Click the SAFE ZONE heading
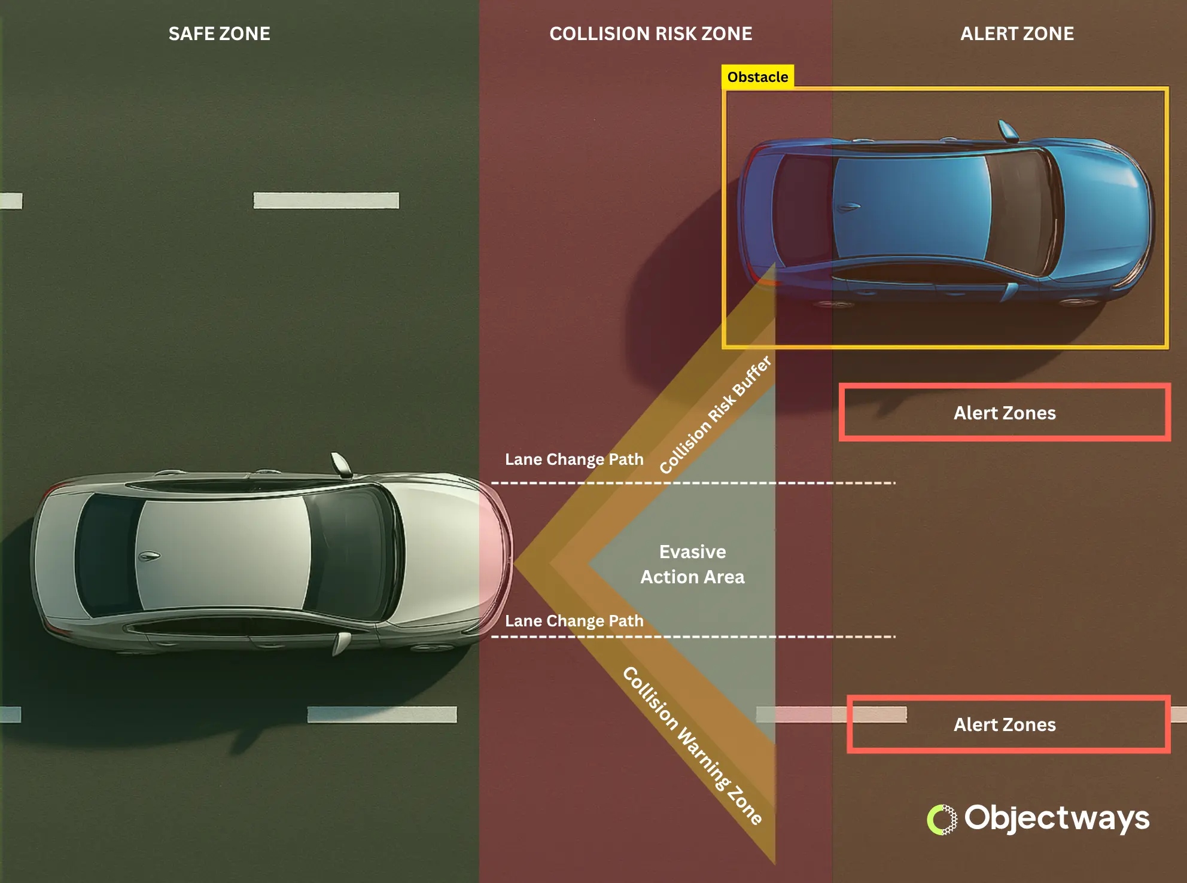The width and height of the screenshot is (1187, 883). (x=219, y=34)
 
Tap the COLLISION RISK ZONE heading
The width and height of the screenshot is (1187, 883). (x=650, y=34)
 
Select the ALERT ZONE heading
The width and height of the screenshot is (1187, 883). (x=1016, y=34)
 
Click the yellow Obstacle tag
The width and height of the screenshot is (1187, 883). (x=757, y=77)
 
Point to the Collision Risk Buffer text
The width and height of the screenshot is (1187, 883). (x=716, y=415)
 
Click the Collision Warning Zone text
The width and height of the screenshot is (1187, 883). (x=692, y=745)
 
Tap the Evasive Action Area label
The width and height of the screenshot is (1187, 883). (x=692, y=564)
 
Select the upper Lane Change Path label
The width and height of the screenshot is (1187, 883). (x=574, y=459)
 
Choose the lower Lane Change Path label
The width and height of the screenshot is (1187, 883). (x=574, y=621)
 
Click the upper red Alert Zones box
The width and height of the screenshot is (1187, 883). (x=1005, y=413)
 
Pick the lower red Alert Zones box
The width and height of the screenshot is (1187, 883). (x=1008, y=724)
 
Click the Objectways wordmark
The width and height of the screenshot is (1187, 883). (x=1057, y=818)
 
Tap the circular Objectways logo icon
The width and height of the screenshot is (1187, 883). (x=942, y=820)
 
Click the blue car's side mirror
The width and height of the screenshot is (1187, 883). (x=1007, y=130)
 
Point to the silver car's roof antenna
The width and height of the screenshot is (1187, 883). (x=149, y=556)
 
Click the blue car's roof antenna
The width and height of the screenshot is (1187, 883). (x=848, y=207)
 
